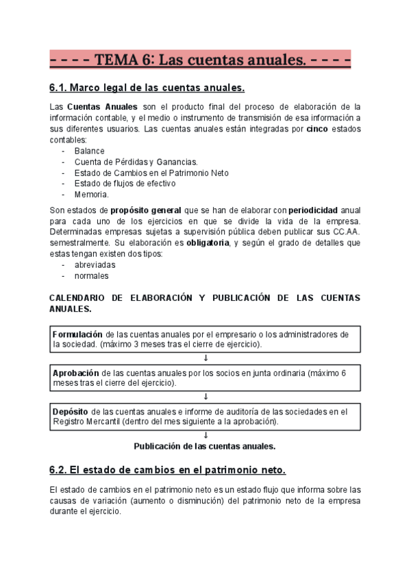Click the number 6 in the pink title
point(146,61)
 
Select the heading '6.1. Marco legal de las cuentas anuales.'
point(147,88)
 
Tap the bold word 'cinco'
point(316,129)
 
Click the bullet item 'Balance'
point(89,151)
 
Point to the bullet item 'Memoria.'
point(92,195)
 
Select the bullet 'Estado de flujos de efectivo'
point(125,184)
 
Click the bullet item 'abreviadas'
point(95,264)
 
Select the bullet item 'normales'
point(91,276)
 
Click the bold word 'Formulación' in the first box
point(79,334)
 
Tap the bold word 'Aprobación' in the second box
point(77,373)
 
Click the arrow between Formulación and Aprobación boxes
point(206,358)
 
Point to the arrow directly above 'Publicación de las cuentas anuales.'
point(206,435)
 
